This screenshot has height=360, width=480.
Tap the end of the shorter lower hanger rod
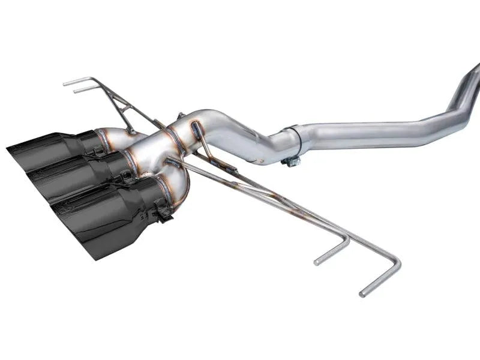(x=317, y=261)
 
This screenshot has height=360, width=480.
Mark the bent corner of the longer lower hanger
(x=396, y=264)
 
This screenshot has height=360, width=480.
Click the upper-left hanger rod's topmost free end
(x=65, y=83)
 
